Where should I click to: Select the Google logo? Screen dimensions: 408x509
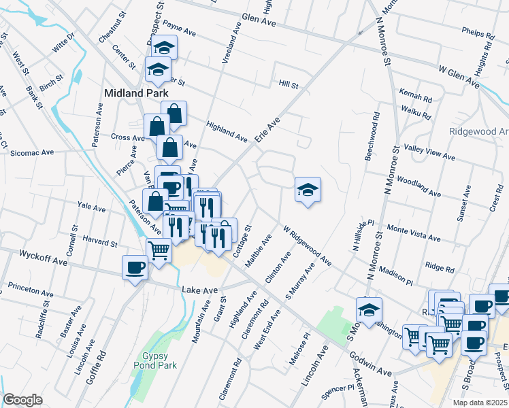coord(22,400)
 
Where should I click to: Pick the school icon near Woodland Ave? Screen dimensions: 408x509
coord(308,190)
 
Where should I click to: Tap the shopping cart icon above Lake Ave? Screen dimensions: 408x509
coord(159,250)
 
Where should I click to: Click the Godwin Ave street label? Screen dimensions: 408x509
coord(371,364)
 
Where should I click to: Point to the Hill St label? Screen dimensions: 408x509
coord(289,85)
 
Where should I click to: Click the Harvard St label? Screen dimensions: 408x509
coord(101,241)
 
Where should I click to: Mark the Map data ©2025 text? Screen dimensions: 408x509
coord(480,402)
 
